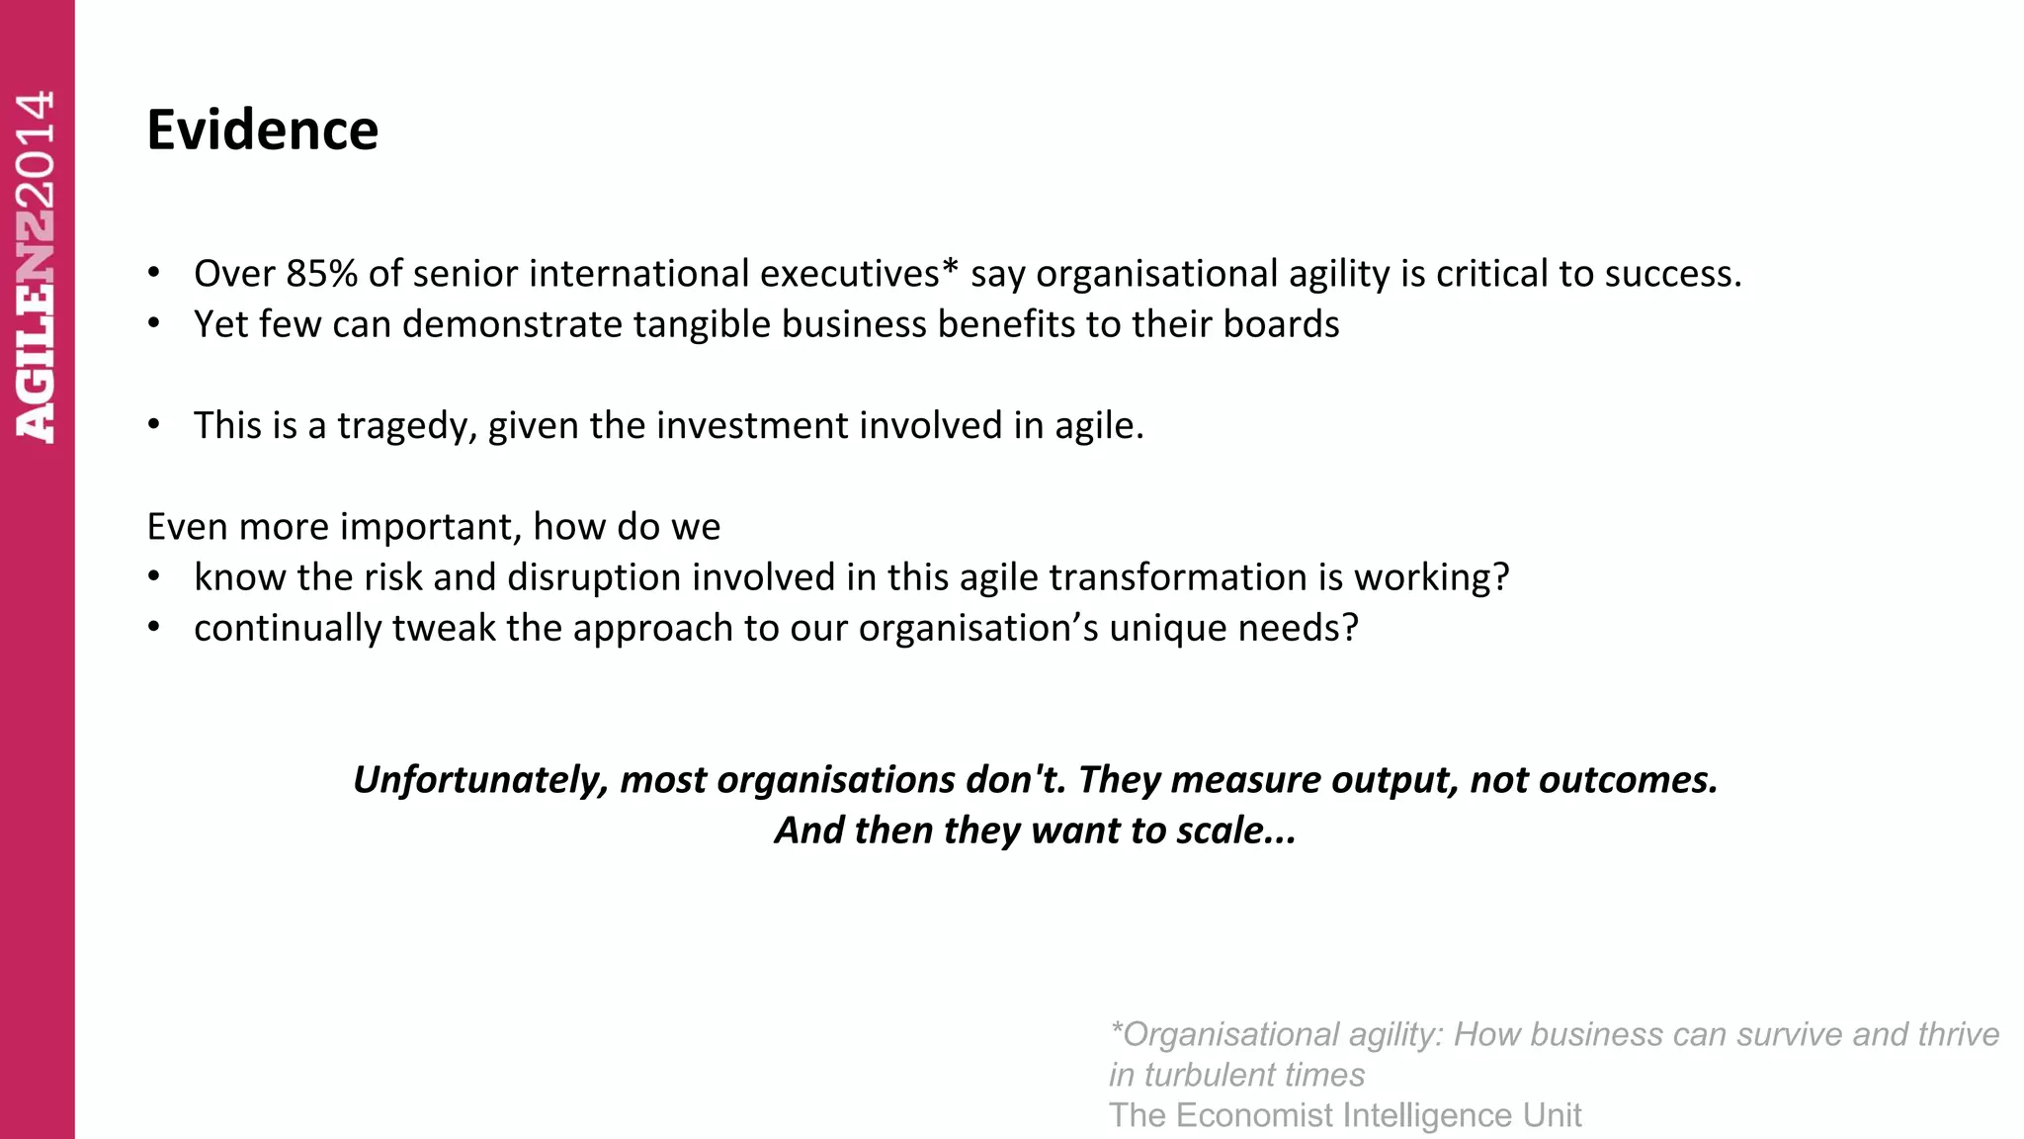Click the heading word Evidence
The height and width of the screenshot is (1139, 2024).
pyautogui.click(x=262, y=130)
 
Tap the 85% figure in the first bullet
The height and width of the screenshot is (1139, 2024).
pyautogui.click(x=321, y=274)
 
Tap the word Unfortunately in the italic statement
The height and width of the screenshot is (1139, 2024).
pyautogui.click(x=480, y=780)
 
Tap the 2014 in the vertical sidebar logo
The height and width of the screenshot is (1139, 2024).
pyautogui.click(x=36, y=148)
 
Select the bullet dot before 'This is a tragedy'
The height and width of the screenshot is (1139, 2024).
pyautogui.click(x=153, y=425)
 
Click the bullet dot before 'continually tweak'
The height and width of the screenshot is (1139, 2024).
pyautogui.click(x=153, y=628)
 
